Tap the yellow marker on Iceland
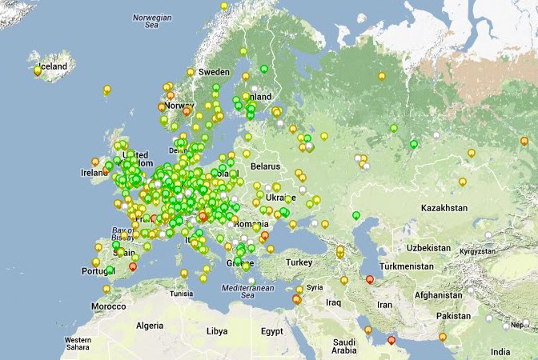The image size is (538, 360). pyautogui.click(x=38, y=70)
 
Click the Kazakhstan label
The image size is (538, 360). pyautogui.click(x=444, y=208)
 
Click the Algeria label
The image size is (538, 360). pyautogui.click(x=149, y=326)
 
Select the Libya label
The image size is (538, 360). pyautogui.click(x=216, y=330)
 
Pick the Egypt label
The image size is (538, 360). pyautogui.click(x=272, y=331)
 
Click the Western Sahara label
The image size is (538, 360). pyautogui.click(x=78, y=344)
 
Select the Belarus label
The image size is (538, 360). pyautogui.click(x=267, y=166)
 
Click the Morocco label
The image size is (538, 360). pyautogui.click(x=108, y=306)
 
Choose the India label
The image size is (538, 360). pyautogui.click(x=500, y=352)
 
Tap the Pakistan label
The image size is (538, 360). pyautogui.click(x=454, y=316)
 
